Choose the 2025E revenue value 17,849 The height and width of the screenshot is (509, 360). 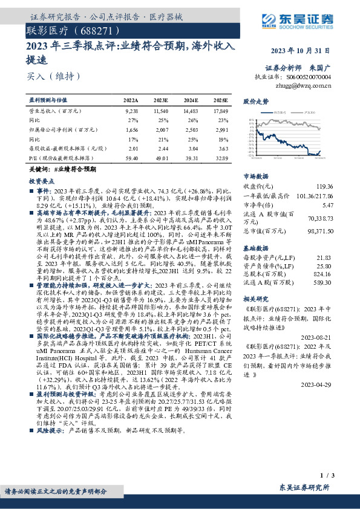[220, 112]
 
